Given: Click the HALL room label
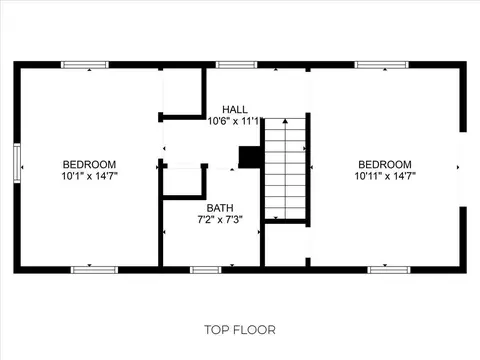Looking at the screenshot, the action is point(235,109).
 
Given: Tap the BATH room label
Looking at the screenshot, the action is point(220,208).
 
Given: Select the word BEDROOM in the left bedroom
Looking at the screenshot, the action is point(89,164).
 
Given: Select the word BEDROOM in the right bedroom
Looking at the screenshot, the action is point(385,164).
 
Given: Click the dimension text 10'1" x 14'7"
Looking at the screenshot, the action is point(90,176).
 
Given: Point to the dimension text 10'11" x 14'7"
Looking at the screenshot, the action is point(385,176).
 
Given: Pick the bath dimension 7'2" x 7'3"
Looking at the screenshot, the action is point(220,220).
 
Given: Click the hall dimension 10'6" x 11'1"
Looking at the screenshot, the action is point(234,121).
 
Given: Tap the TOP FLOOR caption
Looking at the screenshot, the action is point(240,330).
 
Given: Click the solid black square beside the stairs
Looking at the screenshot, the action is point(250,157).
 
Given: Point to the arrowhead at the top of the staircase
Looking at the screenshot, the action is point(285,121).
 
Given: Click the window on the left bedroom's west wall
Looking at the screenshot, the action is point(17,163).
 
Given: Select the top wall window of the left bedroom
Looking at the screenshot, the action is point(85,65).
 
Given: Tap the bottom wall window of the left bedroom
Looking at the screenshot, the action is point(94,270).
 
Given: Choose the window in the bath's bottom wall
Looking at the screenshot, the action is point(206,270).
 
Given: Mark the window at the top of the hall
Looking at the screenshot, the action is point(237,65).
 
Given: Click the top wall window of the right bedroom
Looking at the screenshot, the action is point(382,65).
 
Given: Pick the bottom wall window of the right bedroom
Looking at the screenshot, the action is point(389,270).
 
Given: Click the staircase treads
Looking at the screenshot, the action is point(285,169).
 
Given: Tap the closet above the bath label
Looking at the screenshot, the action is point(183,182).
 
